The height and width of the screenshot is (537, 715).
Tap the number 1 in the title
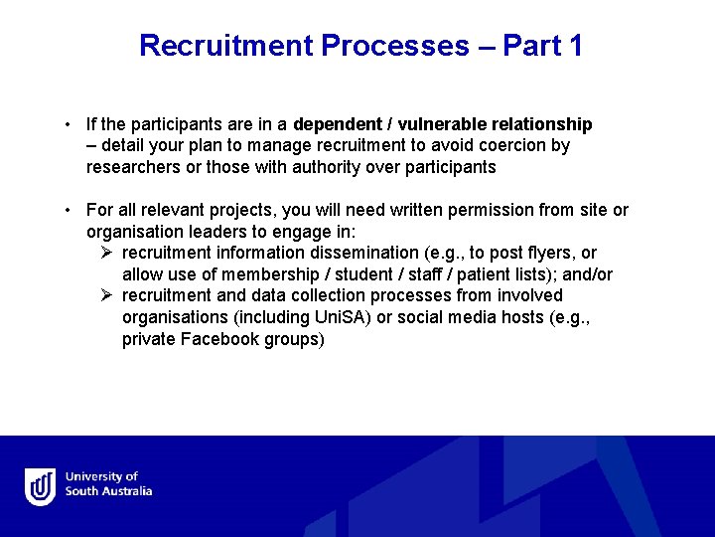pos(575,46)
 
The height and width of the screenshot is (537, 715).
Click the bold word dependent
pos(337,124)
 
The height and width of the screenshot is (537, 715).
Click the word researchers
pos(134,167)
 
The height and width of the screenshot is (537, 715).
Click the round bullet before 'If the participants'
pos(64,125)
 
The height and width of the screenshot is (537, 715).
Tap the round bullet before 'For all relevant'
pos(64,211)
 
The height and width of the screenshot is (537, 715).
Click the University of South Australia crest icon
pos(41,486)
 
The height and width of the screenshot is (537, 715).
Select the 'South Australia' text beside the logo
pos(108,491)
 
